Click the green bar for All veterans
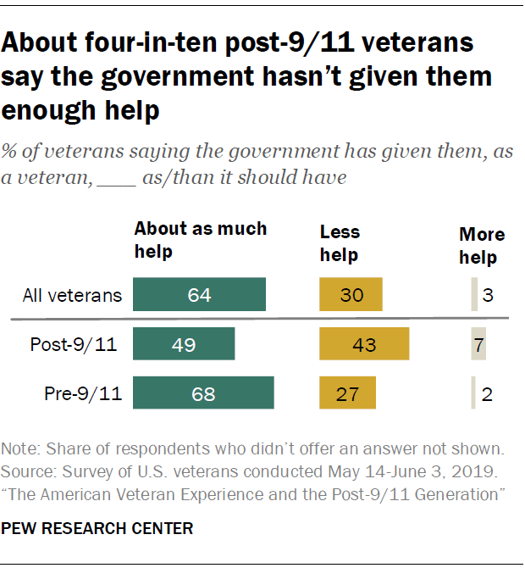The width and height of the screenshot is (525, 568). click(200, 296)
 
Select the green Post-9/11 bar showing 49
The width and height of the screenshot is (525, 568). click(184, 345)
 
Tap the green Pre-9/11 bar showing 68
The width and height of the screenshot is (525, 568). click(203, 394)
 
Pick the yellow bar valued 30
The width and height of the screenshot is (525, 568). click(351, 296)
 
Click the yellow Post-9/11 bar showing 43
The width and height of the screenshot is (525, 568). click(364, 345)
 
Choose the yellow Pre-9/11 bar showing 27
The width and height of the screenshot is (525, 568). click(347, 394)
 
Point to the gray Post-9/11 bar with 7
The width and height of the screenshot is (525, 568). click(478, 345)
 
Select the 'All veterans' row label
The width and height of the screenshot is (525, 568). click(72, 296)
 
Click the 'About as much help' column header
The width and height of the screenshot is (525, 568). click(200, 240)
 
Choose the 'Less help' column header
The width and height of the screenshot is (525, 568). click(340, 243)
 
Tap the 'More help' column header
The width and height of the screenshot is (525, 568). click(482, 246)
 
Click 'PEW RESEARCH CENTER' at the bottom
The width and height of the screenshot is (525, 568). click(97, 528)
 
